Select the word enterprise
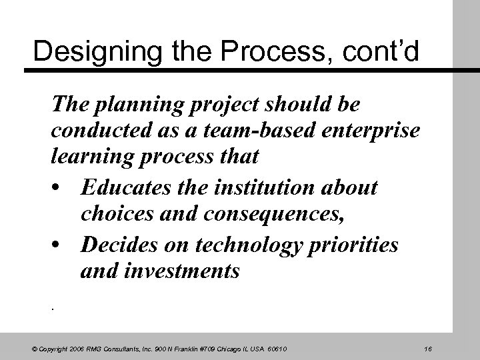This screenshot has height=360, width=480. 374,131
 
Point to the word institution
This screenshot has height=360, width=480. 265,188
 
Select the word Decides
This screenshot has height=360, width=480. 114,245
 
